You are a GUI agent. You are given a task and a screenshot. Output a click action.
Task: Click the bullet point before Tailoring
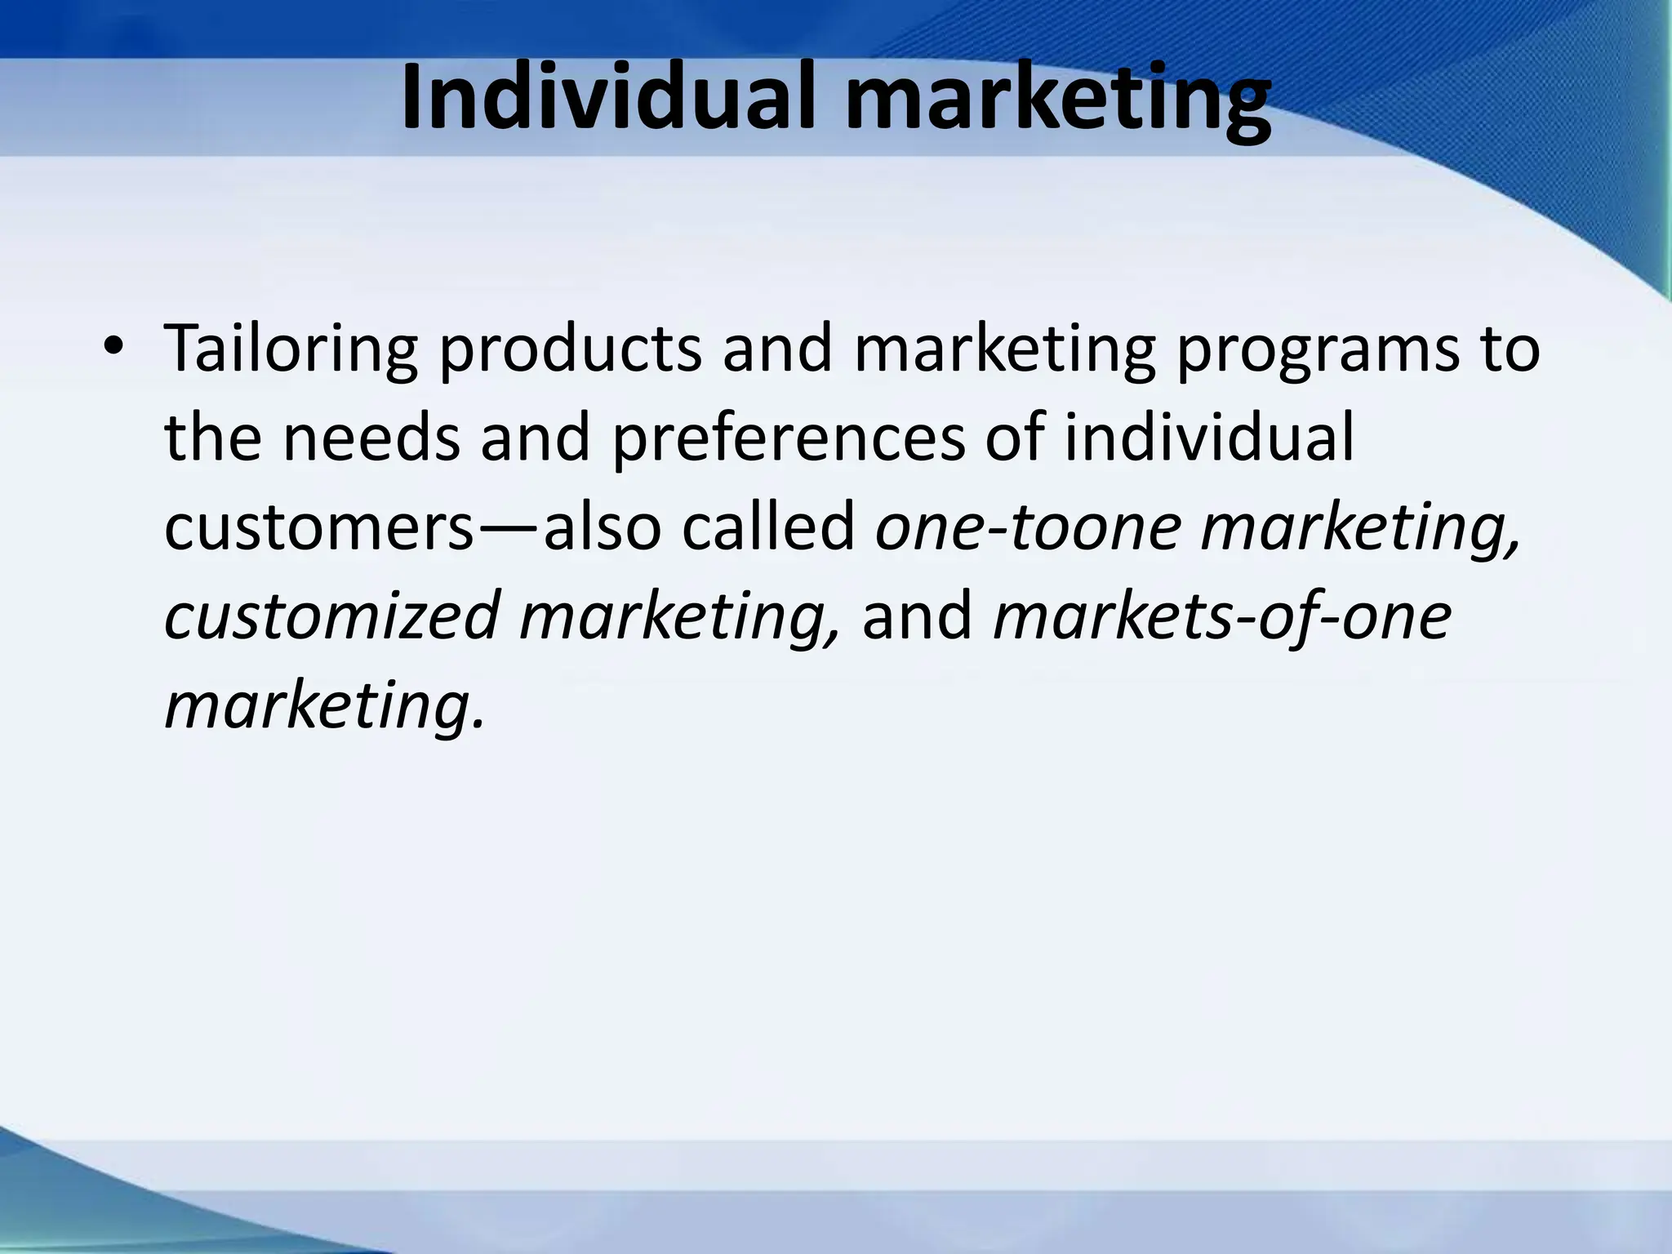coord(113,346)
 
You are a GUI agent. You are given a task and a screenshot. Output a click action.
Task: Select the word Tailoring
coord(291,349)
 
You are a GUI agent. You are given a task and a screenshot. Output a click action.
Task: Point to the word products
coord(570,349)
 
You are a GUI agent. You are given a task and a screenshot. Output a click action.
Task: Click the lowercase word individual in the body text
coord(1209,438)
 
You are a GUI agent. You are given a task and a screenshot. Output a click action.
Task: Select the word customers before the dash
coord(318,527)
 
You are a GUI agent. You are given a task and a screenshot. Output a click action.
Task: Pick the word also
coord(602,527)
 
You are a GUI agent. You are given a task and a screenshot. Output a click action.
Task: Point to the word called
coord(768,527)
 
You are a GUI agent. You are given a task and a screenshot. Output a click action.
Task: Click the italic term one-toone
coord(1028,527)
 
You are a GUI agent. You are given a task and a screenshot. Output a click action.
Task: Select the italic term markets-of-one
coord(1222,617)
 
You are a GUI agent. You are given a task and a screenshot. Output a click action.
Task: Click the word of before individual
coord(1015,438)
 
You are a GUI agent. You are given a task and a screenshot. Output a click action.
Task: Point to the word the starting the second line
coord(212,438)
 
